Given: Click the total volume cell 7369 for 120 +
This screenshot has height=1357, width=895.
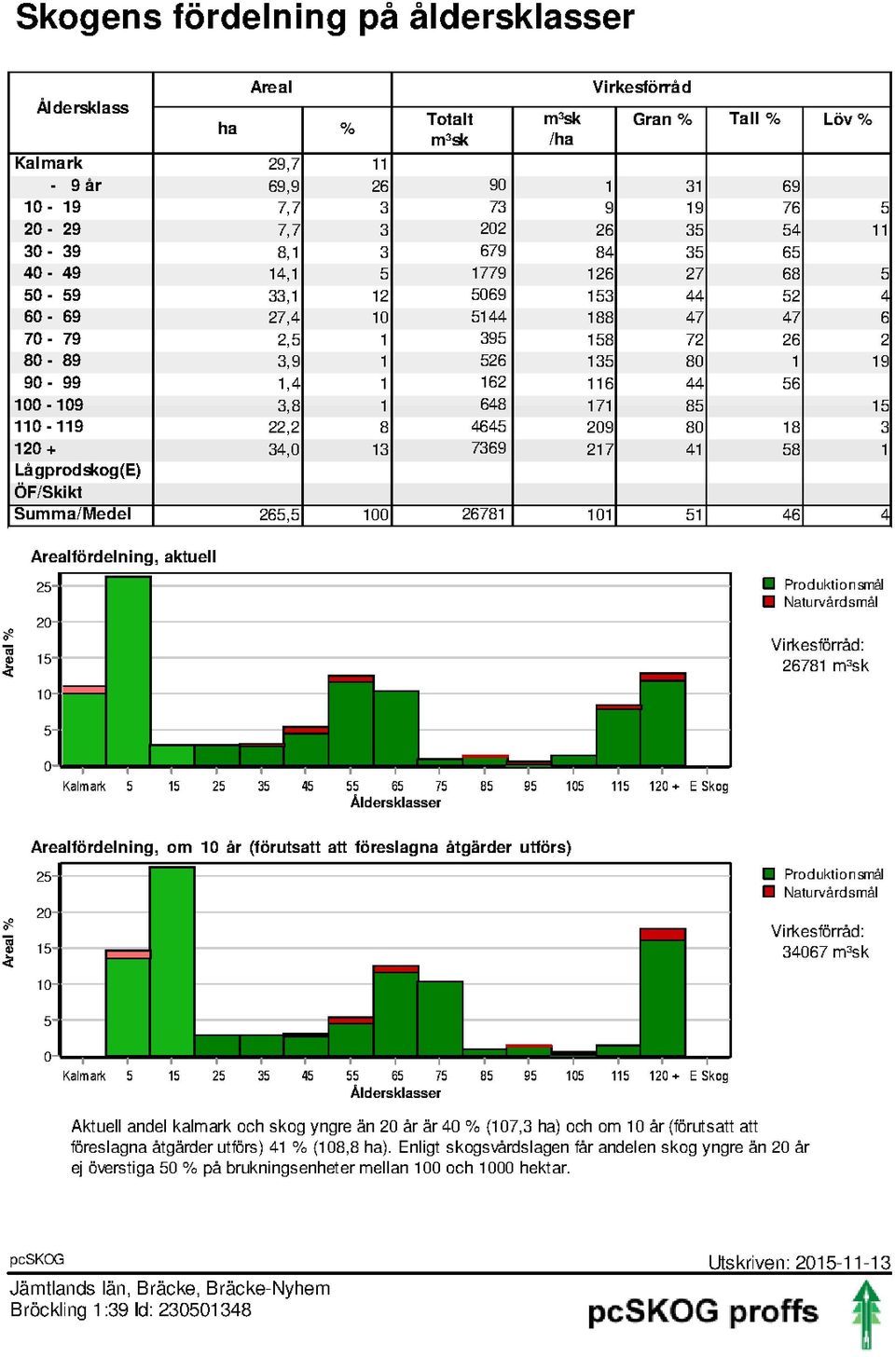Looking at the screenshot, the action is pyautogui.click(x=489, y=448).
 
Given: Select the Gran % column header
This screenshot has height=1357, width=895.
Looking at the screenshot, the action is pyautogui.click(x=662, y=119).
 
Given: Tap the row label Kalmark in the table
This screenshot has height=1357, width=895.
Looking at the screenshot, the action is pyautogui.click(x=48, y=163).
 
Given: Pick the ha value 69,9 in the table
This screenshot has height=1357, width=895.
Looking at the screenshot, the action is pyautogui.click(x=283, y=186).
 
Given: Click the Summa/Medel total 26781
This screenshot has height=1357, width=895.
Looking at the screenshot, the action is pyautogui.click(x=483, y=514).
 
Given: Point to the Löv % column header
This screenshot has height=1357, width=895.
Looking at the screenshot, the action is pyautogui.click(x=847, y=119).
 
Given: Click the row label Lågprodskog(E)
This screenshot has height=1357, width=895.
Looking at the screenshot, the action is pyautogui.click(x=77, y=471).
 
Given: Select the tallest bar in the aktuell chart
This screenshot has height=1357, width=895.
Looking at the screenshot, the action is pyautogui.click(x=129, y=671).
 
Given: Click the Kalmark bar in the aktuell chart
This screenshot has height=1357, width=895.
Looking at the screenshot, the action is pyautogui.click(x=84, y=726).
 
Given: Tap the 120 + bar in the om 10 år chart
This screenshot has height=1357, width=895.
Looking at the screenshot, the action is pyautogui.click(x=663, y=993).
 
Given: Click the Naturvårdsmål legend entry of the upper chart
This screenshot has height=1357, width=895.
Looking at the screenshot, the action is pyautogui.click(x=820, y=602).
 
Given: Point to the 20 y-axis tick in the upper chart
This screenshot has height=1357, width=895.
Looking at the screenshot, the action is pyautogui.click(x=44, y=623).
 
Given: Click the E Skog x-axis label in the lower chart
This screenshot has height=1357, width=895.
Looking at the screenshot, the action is pyautogui.click(x=709, y=1076).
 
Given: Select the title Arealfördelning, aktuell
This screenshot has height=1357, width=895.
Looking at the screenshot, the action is pyautogui.click(x=124, y=556).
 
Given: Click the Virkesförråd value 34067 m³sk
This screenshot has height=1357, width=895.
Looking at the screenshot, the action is pyautogui.click(x=825, y=952).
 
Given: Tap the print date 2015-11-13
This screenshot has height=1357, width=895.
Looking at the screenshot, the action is pyautogui.click(x=842, y=1263).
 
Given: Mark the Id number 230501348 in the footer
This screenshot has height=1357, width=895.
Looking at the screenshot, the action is pyautogui.click(x=204, y=1310).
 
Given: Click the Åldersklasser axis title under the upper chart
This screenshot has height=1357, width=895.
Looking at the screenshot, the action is pyautogui.click(x=395, y=802).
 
